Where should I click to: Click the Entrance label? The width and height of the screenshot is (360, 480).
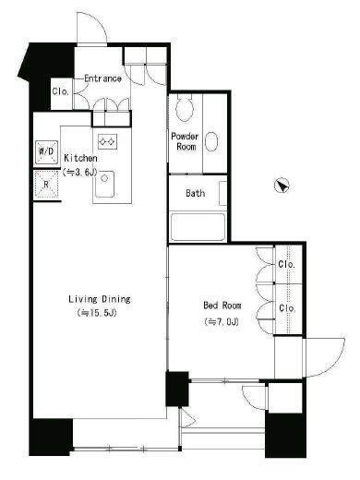pyautogui.click(x=102, y=78)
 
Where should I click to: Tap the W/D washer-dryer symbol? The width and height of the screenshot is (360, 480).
pyautogui.click(x=46, y=151)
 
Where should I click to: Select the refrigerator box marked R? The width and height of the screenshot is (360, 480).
pyautogui.click(x=46, y=184)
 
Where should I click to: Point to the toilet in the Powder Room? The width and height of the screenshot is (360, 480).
pyautogui.click(x=185, y=107)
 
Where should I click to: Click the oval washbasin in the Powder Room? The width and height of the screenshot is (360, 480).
pyautogui.click(x=211, y=141)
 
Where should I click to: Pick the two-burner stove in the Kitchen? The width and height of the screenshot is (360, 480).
pyautogui.click(x=107, y=142)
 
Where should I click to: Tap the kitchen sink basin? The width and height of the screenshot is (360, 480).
pyautogui.click(x=104, y=184)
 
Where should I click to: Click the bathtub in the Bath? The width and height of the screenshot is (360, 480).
pyautogui.click(x=198, y=227)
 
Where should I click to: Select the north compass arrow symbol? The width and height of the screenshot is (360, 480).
pyautogui.click(x=282, y=186)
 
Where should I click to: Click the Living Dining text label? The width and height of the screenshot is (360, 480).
pyautogui.click(x=100, y=299)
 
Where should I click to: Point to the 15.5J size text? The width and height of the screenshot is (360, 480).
pyautogui.click(x=97, y=313)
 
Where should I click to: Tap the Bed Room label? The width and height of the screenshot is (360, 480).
pyautogui.click(x=222, y=306)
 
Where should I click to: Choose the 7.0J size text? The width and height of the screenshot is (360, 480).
pyautogui.click(x=222, y=322)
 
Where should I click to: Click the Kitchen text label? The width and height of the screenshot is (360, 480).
pyautogui.click(x=80, y=158)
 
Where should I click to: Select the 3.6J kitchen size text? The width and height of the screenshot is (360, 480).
pyautogui.click(x=80, y=173)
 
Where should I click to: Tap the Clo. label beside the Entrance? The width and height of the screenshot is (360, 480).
pyautogui.click(x=60, y=91)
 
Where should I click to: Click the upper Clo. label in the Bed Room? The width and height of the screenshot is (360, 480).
pyautogui.click(x=287, y=264)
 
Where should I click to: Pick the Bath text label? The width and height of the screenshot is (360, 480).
pyautogui.click(x=196, y=193)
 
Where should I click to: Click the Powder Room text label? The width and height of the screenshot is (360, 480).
pyautogui.click(x=185, y=141)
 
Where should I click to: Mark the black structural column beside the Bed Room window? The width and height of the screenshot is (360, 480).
pyautogui.click(x=177, y=389)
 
